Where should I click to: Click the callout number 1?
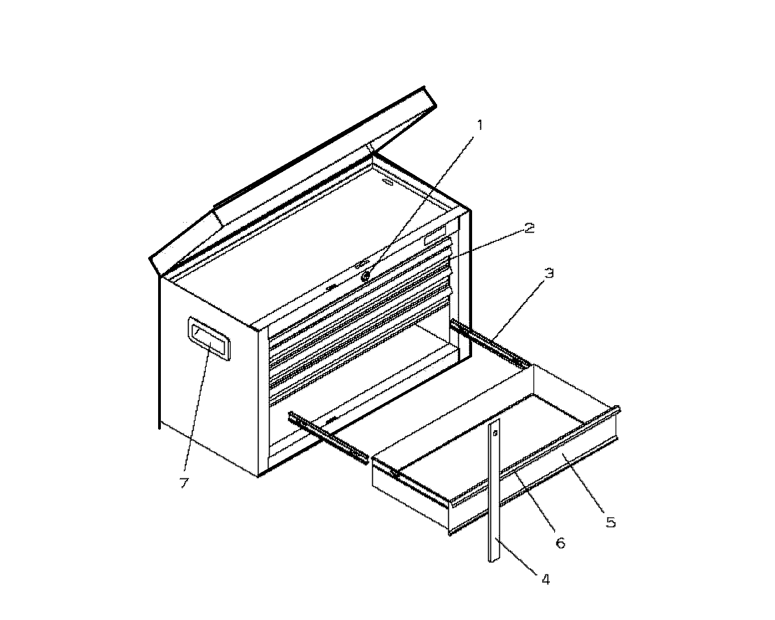click(x=479, y=125)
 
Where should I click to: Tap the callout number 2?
click(x=529, y=228)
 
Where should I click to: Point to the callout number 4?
click(x=545, y=579)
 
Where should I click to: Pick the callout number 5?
click(x=611, y=522)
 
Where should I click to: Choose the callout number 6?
click(x=561, y=543)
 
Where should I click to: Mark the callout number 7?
click(x=184, y=483)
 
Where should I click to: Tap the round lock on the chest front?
click(x=366, y=276)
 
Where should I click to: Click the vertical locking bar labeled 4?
click(x=494, y=490)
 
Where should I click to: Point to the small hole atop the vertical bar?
click(x=495, y=432)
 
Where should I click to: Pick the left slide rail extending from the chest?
click(x=328, y=437)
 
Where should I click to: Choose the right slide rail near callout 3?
click(x=490, y=343)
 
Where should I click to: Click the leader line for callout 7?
click(x=197, y=407)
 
